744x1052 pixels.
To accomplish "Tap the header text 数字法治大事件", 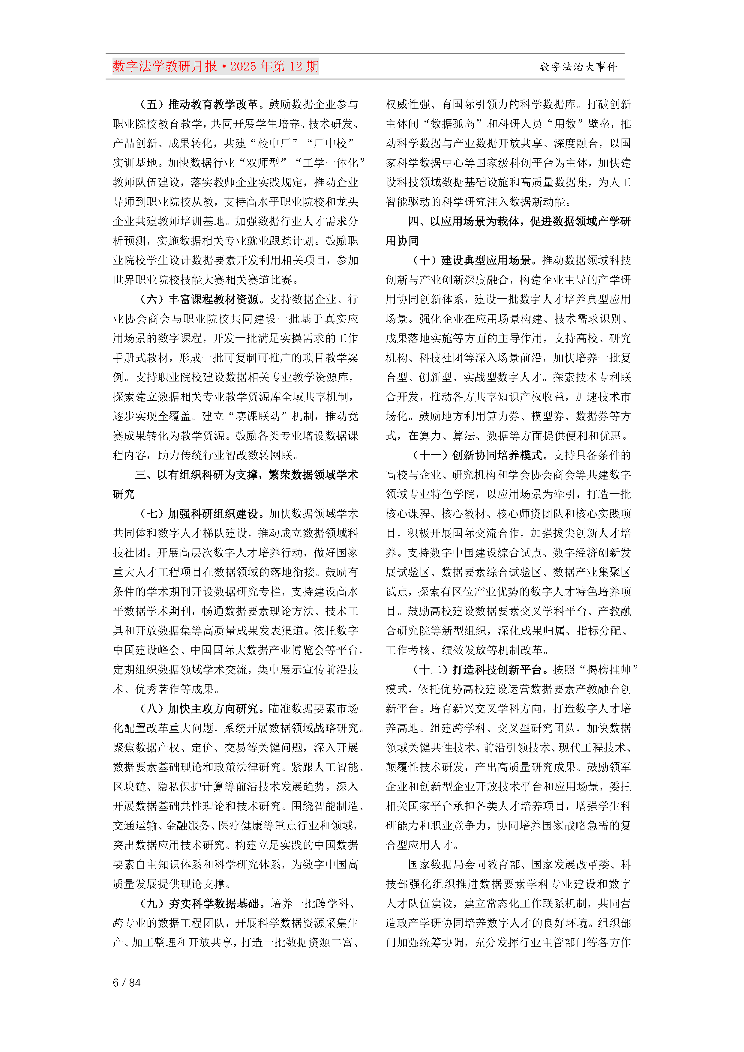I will point(578,67).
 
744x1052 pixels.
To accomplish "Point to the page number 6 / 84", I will point(127,982).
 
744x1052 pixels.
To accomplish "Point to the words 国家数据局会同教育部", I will point(464,864).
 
